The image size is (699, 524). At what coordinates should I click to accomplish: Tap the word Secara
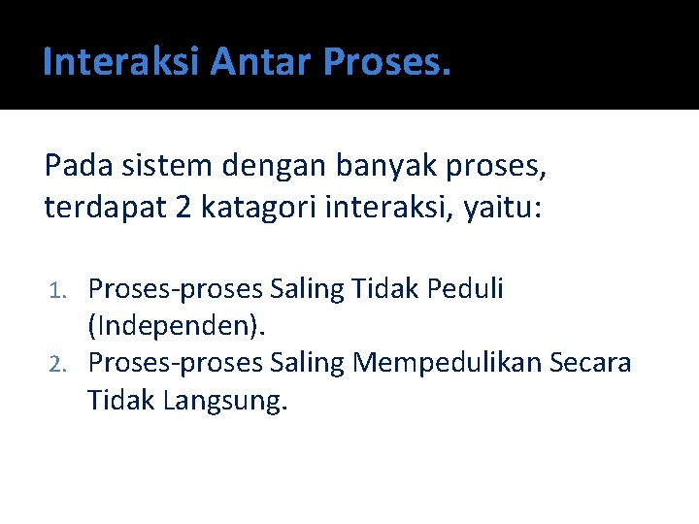tap(590, 362)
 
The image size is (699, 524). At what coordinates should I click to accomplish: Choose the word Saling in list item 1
tap(307, 289)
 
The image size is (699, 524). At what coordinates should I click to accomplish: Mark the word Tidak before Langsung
tap(121, 399)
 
